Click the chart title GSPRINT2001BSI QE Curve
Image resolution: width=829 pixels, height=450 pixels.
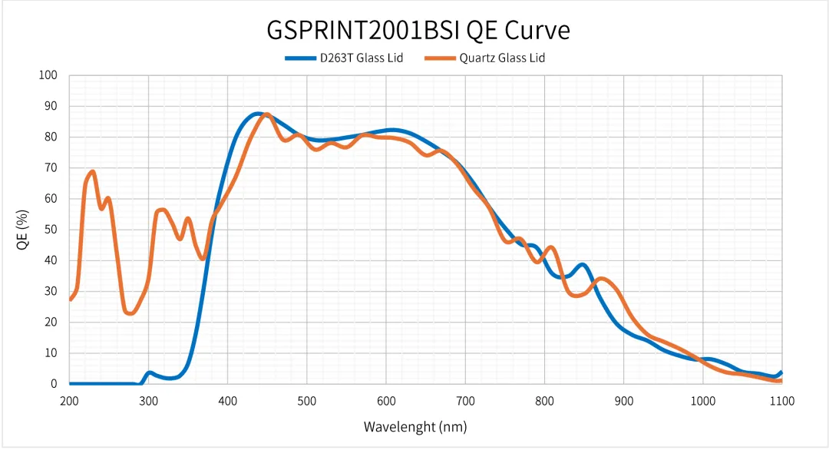coord(418,30)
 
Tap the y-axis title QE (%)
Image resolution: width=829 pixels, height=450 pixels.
coord(23,230)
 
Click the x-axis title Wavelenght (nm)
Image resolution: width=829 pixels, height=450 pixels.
coord(415,426)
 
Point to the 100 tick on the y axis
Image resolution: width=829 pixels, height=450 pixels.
coord(48,75)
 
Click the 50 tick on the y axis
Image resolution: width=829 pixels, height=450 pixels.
coord(51,230)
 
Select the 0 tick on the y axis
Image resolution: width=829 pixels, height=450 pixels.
coord(54,384)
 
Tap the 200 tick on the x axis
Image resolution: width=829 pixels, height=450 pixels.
coord(69,400)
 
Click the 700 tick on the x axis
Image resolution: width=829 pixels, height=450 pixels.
coord(465,400)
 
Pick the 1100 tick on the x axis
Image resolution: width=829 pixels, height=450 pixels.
coord(781,400)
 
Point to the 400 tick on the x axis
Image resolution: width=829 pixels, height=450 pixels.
coord(227,400)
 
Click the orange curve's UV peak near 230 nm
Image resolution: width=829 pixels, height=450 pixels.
coord(93,172)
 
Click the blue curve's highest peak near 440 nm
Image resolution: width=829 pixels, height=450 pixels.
coord(259,114)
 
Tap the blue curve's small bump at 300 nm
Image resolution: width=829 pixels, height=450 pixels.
coord(149,373)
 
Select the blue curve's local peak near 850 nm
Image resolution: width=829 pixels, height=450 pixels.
coord(583,265)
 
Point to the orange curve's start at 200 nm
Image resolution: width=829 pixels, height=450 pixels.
coord(70,299)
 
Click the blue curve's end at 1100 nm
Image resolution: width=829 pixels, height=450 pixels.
coord(781,372)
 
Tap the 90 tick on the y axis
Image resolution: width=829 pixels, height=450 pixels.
coord(51,106)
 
